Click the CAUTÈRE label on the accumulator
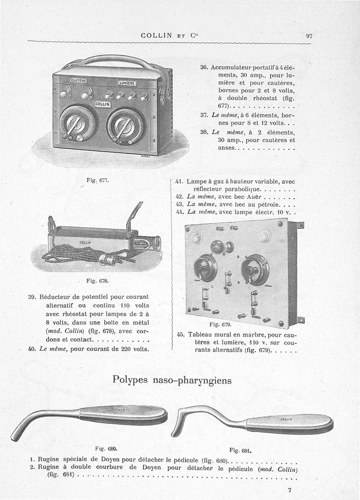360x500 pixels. (79, 80)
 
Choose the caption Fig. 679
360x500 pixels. (220, 324)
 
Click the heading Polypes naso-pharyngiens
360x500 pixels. (172, 380)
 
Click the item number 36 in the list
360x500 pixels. (203, 67)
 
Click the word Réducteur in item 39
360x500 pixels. (57, 297)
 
